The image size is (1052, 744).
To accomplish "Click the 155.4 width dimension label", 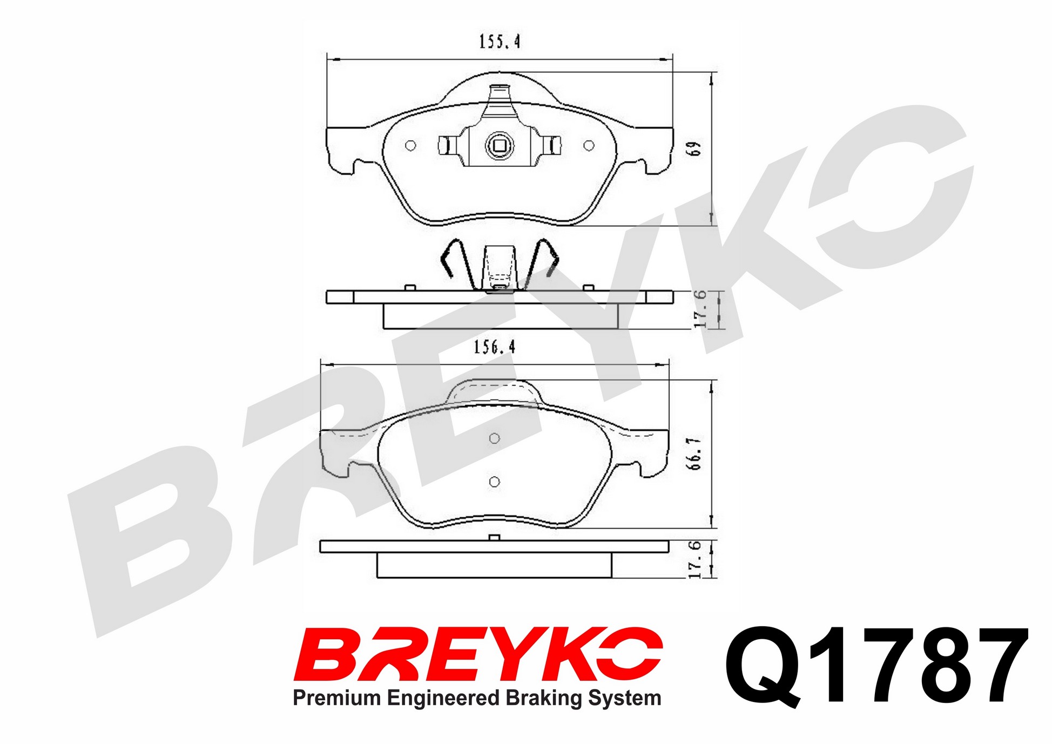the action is point(500,42).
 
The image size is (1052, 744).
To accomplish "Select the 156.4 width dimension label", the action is point(495,347).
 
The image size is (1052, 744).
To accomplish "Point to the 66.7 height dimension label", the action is point(695,453).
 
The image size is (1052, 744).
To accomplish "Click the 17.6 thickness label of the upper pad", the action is point(700,309).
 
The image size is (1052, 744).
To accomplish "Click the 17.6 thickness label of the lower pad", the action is point(696,559).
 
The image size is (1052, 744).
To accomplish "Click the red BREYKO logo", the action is point(478,654).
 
